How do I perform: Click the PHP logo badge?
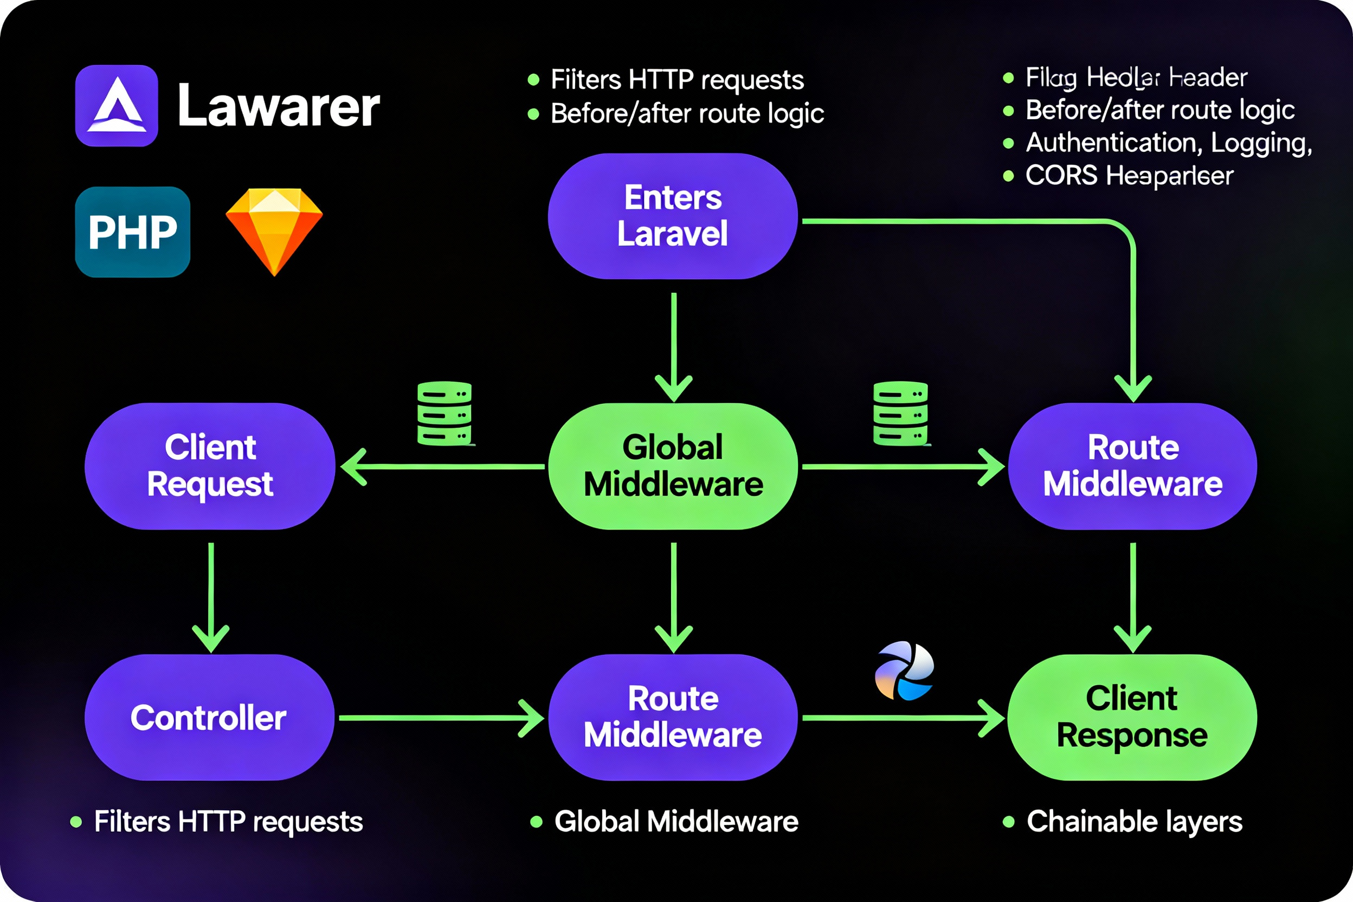pos(132,232)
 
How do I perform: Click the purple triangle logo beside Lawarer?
pos(117,106)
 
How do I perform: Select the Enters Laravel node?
pos(673,216)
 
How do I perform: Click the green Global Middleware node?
pos(673,466)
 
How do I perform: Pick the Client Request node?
pos(210,466)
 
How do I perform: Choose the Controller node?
pos(209,717)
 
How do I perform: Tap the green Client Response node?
pos(1131,717)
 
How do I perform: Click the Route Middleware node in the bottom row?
pos(673,717)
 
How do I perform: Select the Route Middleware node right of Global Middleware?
pos(1132,466)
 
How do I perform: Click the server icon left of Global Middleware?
pos(444,413)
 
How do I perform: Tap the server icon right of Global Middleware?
pos(900,413)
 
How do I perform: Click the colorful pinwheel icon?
pos(904,671)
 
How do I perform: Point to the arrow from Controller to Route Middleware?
pos(440,718)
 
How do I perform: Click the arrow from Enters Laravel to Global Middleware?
pos(674,345)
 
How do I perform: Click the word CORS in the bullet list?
pos(1061,176)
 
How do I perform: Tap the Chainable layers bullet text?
pos(1134,821)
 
